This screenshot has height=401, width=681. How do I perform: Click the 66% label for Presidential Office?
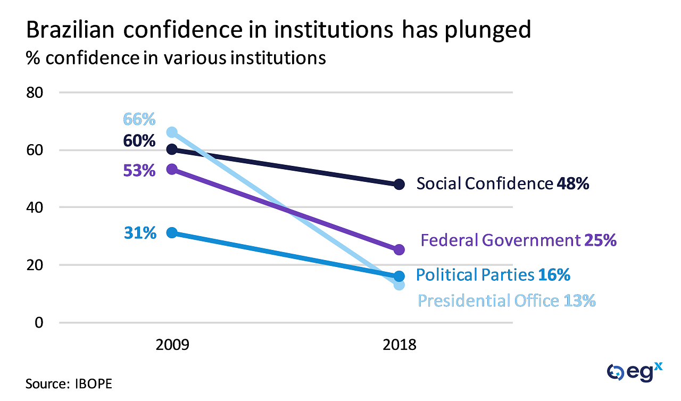point(139,119)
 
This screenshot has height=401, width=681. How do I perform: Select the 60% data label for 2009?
point(139,141)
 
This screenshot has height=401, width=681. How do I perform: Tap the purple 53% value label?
point(139,171)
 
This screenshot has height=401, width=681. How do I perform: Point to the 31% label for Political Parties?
point(140,232)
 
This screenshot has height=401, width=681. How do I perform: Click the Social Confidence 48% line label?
point(503,184)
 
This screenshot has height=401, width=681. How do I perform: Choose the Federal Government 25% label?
point(518,240)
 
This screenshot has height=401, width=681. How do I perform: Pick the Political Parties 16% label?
point(493,275)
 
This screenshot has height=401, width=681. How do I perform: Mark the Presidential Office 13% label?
point(506,301)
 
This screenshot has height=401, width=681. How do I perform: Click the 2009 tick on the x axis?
point(172,346)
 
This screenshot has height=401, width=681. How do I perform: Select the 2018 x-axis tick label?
point(400,346)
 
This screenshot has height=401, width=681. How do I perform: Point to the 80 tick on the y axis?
point(35,93)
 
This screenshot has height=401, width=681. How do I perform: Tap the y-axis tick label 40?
point(35,207)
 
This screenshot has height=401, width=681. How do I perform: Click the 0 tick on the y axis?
point(38,322)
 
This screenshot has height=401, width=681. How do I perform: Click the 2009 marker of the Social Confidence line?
point(172,149)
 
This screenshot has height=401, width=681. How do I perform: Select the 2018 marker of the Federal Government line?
point(400,249)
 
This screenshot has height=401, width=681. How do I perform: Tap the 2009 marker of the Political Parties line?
point(172,233)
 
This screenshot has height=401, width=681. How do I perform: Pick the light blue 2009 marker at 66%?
point(172,132)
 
